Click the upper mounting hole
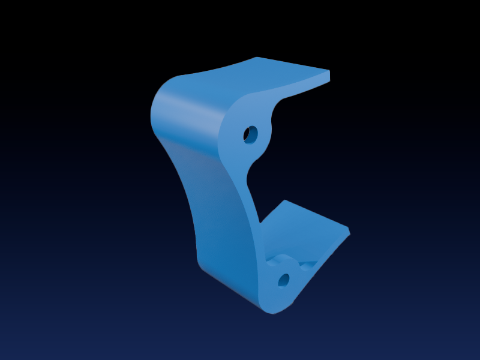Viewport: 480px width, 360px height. click(x=250, y=134)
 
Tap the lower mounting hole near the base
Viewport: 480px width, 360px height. click(x=284, y=280)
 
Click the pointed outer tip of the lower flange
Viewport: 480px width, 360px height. click(x=349, y=231)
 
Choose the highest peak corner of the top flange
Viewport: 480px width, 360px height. click(x=257, y=58)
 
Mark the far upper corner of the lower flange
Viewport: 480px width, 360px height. click(x=286, y=201)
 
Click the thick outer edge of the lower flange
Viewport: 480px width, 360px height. click(x=324, y=252)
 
